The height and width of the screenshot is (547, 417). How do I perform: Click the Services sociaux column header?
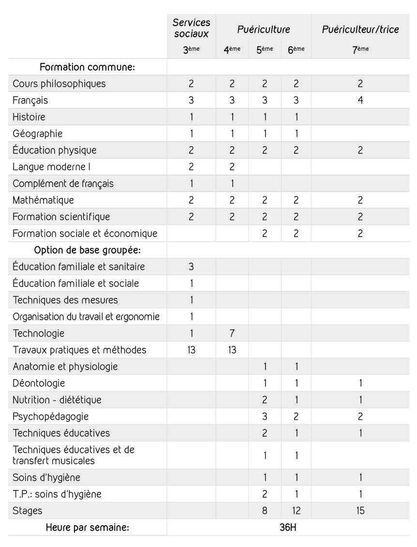[x=191, y=29]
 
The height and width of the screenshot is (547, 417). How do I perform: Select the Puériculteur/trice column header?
[x=361, y=30]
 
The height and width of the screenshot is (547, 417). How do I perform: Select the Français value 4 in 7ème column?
[x=361, y=100]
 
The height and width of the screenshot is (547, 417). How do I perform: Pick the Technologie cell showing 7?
[x=232, y=333]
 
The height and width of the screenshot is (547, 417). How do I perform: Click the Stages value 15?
[x=361, y=510]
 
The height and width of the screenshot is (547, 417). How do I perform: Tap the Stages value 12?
[x=296, y=510]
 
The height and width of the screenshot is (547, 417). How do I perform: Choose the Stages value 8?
[x=265, y=510]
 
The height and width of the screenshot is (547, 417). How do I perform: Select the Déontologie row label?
[x=39, y=383]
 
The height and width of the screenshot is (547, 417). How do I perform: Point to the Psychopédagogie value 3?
[x=265, y=416]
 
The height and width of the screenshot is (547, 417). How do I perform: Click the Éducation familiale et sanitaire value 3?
[x=191, y=266]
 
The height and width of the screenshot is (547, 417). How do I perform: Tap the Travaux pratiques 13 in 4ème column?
[x=232, y=350]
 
